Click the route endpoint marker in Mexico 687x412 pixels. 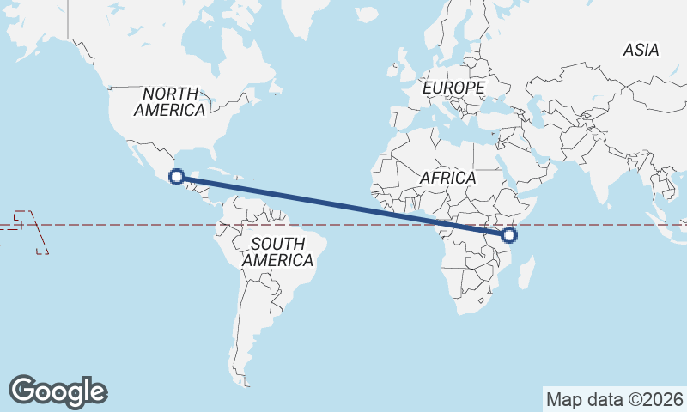point(176,178)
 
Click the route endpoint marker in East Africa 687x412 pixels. point(511,234)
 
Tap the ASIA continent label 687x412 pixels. point(641,51)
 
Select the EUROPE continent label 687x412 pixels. point(453,88)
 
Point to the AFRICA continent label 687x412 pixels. point(447,178)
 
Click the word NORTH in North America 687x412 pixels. point(171,94)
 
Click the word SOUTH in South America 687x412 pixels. point(277,244)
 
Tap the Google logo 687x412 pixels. point(58,391)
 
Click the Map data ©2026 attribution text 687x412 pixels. point(615,399)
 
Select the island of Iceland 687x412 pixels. point(367,15)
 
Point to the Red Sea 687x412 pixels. point(513,163)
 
